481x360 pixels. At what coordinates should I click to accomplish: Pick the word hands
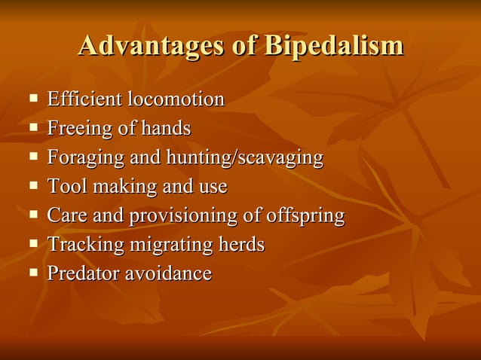pos(165,129)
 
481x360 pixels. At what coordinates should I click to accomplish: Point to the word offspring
pos(305,216)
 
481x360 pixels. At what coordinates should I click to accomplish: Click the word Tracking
pos(84,245)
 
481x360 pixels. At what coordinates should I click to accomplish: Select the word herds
pos(241,245)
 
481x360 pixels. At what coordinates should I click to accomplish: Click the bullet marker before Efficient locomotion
pos(33,99)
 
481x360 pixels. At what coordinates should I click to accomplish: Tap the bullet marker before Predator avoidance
pos(33,273)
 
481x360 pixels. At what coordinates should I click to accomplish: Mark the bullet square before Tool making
pos(33,186)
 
